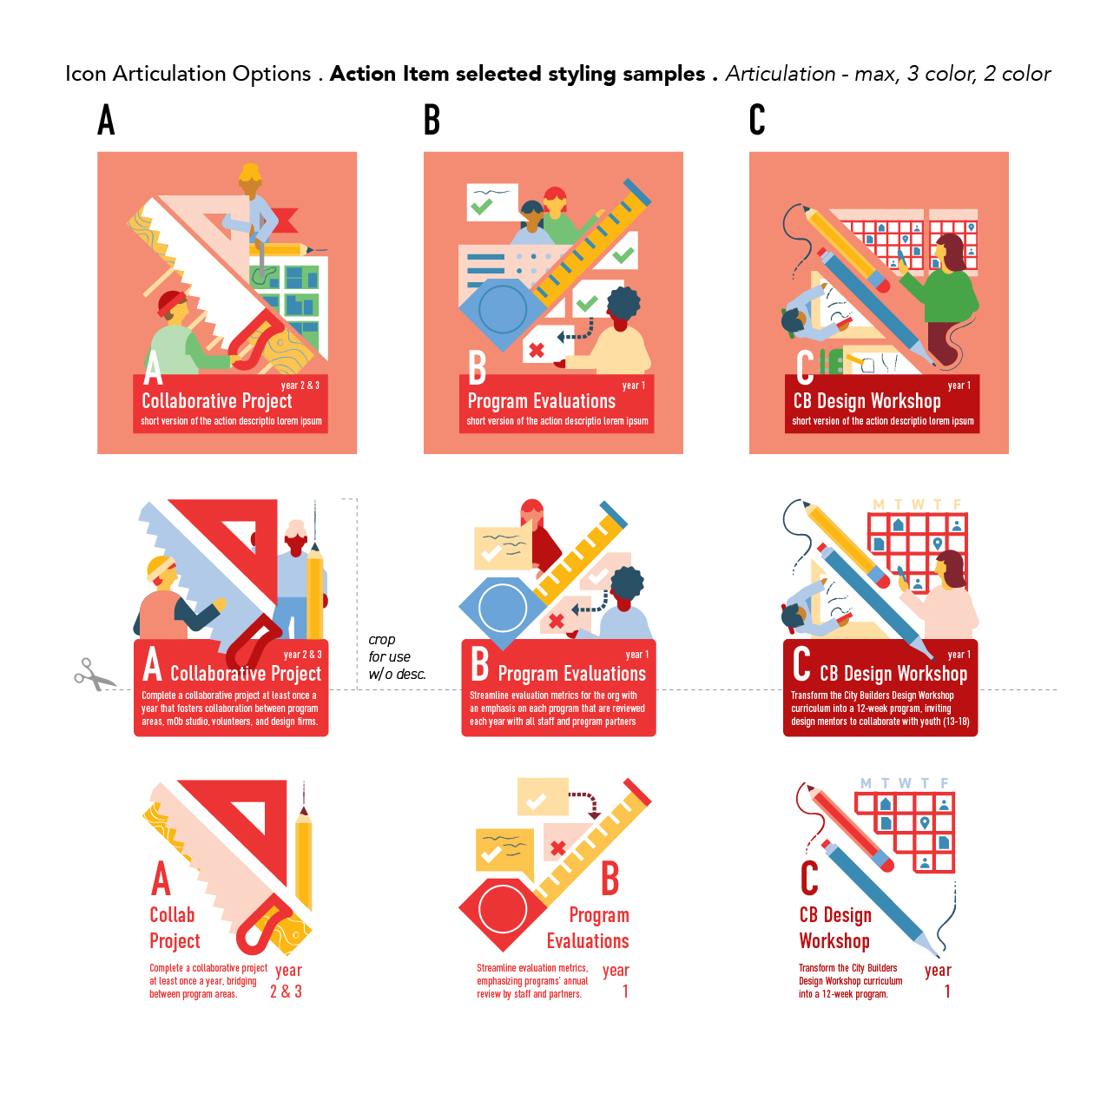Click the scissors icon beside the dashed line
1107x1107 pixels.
click(x=94, y=674)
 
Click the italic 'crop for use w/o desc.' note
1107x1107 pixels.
click(x=397, y=656)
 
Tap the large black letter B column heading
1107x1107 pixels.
click(x=432, y=120)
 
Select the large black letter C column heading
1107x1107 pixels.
click(x=756, y=120)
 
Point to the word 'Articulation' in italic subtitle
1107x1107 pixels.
click(x=780, y=74)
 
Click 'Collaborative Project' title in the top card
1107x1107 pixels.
click(x=216, y=400)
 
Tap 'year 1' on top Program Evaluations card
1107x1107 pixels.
click(x=633, y=385)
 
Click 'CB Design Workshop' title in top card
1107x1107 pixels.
click(x=866, y=400)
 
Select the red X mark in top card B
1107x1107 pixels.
click(x=536, y=350)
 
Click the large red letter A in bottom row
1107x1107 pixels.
click(x=161, y=879)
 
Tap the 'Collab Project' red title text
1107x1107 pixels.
click(x=175, y=928)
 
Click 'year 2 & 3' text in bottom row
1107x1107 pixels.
click(x=287, y=980)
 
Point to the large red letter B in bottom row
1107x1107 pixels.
click(x=610, y=879)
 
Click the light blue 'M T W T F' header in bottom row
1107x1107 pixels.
click(x=904, y=783)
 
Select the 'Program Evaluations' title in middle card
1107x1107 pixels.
click(x=571, y=673)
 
